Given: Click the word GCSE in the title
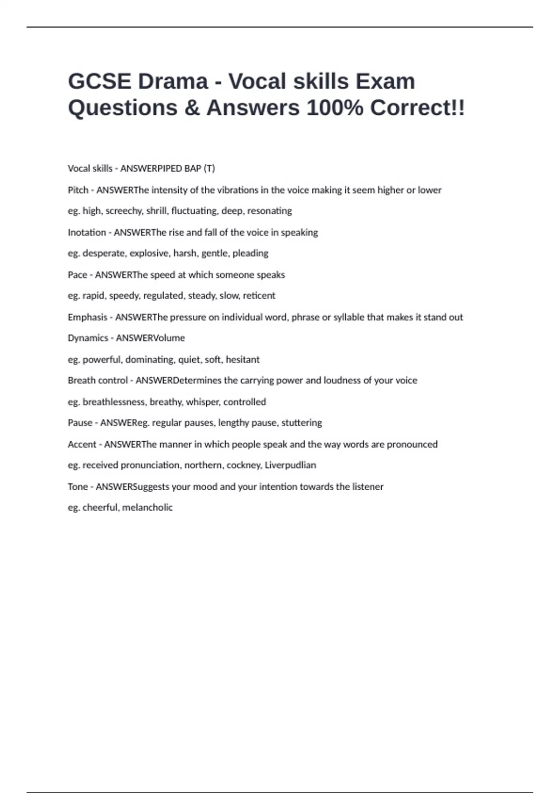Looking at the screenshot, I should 99,82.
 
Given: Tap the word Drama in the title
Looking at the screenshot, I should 173,82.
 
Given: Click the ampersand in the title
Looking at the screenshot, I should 192,108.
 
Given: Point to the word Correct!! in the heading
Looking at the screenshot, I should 417,108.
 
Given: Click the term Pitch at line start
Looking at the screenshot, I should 78,190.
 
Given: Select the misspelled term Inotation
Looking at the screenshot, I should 87,232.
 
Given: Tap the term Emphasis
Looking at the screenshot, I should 87,317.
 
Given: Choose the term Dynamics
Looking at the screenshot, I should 88,338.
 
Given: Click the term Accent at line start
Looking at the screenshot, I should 82,444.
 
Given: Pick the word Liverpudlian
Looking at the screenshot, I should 290,465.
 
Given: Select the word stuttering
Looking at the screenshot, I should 301,423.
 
